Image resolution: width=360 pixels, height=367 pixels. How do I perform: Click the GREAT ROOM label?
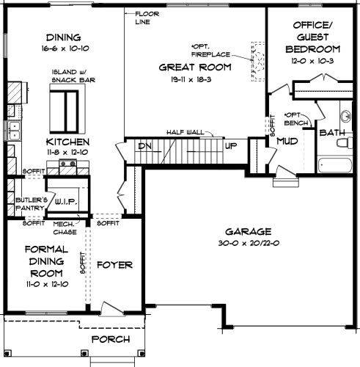point(195,68)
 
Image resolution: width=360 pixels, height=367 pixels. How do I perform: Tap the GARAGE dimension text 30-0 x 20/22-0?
point(249,243)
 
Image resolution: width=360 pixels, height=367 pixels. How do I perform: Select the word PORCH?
point(111,339)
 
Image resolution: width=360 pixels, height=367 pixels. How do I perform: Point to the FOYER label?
point(114,265)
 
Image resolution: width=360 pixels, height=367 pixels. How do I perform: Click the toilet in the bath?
point(345,142)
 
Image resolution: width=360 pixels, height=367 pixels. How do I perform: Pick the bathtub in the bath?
point(335,165)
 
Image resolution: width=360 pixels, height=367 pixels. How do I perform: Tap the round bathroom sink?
point(346,116)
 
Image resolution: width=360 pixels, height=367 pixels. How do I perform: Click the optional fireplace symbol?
point(258,62)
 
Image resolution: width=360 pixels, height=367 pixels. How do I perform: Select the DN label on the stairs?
point(144,146)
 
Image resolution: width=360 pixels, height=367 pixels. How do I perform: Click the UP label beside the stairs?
point(231,146)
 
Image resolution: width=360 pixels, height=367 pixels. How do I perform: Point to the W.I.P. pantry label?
point(66,202)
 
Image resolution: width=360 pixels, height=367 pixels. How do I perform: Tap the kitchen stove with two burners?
point(68,163)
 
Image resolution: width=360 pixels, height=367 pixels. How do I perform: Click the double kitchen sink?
point(14,131)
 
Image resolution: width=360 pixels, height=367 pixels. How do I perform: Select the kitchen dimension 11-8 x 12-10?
point(67,152)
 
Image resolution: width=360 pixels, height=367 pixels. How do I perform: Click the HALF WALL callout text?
point(185,132)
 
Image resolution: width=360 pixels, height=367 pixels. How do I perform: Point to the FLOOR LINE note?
point(147,18)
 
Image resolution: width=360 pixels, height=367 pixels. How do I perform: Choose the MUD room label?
point(287,141)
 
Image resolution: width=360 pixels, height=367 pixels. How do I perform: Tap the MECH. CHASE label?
point(65,228)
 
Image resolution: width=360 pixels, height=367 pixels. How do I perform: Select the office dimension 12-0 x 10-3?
point(312,61)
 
